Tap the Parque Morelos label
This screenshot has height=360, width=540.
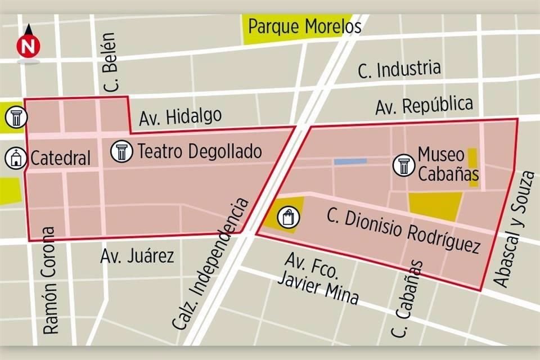[304, 26]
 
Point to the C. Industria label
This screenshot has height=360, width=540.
[399, 70]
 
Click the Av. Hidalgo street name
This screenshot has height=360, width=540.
[180, 116]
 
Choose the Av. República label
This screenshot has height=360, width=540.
[424, 105]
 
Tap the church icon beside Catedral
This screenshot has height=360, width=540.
[16, 158]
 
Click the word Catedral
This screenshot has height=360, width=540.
[60, 159]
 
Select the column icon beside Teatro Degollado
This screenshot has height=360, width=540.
[121, 151]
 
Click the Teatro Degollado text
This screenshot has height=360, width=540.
[200, 151]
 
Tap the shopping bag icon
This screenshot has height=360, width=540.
[289, 217]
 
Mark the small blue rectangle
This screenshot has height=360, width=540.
[350, 161]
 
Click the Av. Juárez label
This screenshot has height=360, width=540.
[137, 256]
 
